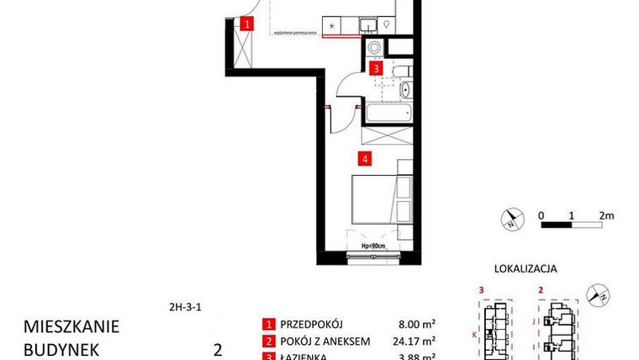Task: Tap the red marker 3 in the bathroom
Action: coord(378,69)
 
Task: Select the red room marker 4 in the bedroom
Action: coord(364,157)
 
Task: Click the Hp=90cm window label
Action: coord(372,246)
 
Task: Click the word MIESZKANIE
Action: coord(71,326)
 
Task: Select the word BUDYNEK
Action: coord(61,349)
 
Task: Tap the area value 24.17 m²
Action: coord(415,341)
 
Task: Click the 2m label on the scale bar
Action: coord(606,214)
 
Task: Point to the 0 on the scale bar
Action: coord(542,214)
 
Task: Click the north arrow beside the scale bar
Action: coord(510,220)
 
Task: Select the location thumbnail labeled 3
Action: coord(496,324)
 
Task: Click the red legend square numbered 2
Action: coord(269,341)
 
